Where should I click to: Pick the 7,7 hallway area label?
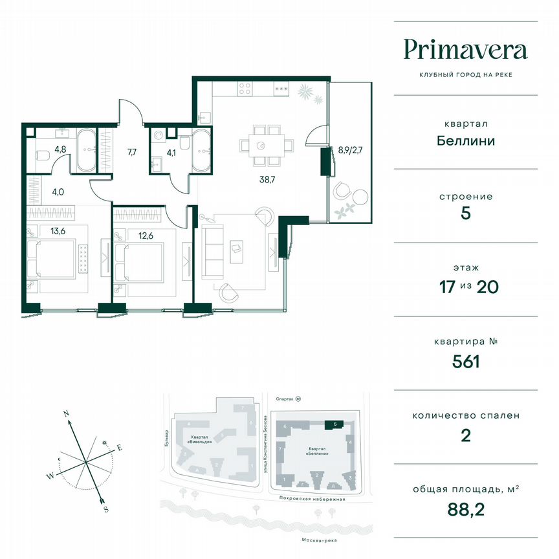[x=131, y=153]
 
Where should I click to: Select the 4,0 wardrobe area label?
[x=59, y=191]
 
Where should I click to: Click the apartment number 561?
[x=465, y=362]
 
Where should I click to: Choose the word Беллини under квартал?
[x=465, y=140]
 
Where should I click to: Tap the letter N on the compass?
[x=66, y=412]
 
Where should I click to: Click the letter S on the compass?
[x=105, y=510]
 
